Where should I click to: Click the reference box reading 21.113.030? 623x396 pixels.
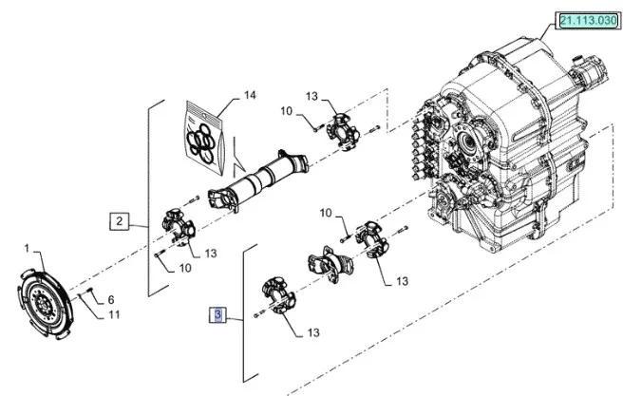(x=587, y=19)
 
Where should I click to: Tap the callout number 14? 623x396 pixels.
(x=250, y=96)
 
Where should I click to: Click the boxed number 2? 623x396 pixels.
(x=120, y=222)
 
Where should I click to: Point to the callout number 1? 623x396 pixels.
(x=27, y=250)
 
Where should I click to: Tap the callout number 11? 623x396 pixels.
(x=114, y=314)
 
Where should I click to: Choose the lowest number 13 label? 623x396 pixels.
(x=313, y=333)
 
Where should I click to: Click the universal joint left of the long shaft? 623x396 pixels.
(x=179, y=224)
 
